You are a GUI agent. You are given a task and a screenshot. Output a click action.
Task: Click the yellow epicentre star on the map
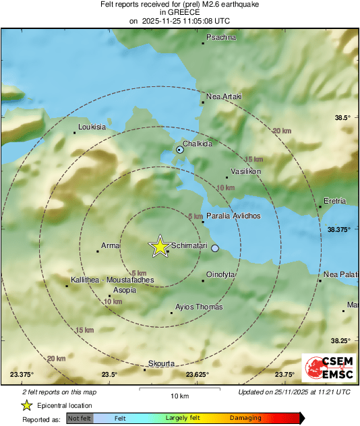[160, 246]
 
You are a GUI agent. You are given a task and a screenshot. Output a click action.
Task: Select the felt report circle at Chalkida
[179, 150]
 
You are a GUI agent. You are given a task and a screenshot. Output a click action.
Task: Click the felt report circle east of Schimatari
[215, 249]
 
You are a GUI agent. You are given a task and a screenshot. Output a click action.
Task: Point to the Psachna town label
[222, 37]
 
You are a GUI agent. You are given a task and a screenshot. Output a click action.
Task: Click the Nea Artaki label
[224, 96]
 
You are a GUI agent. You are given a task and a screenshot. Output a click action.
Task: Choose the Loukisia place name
[92, 127]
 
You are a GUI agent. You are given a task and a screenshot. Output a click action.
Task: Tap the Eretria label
[335, 201]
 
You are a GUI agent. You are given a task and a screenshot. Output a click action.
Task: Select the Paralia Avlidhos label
[233, 216]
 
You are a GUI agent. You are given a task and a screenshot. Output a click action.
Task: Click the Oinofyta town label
[224, 274]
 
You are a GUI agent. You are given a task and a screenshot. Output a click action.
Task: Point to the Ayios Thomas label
[198, 307]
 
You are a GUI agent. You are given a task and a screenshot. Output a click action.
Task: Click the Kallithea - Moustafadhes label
[113, 280]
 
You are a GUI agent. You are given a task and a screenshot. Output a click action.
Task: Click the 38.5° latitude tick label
[343, 118]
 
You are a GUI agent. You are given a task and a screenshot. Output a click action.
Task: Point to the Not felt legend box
[80, 418]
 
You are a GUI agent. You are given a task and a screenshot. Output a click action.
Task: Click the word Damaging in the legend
[245, 418]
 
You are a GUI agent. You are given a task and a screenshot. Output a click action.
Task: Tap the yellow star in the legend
[27, 405]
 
